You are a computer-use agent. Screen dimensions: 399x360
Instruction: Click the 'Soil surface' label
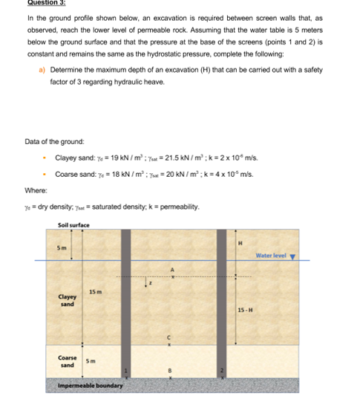click(73, 224)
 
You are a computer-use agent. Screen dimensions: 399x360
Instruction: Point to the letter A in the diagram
click(172, 269)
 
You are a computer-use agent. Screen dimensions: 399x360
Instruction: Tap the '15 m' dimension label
click(95, 291)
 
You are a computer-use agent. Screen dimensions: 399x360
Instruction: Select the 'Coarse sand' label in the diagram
click(68, 362)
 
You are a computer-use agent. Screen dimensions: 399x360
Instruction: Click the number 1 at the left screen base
click(127, 371)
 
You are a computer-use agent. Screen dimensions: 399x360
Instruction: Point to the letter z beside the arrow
click(151, 282)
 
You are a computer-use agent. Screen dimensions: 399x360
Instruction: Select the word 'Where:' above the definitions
click(36, 189)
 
